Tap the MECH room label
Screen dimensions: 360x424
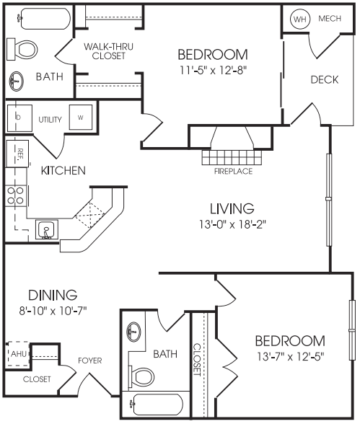330,19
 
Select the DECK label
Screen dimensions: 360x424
325,79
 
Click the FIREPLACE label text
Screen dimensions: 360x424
233,171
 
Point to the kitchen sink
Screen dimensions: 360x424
46,230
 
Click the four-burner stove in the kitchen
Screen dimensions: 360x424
15,196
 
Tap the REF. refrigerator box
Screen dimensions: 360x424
17,154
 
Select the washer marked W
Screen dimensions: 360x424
80,118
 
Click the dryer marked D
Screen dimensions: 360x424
19,118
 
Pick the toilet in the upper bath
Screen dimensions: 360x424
22,50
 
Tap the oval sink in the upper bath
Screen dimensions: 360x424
16,81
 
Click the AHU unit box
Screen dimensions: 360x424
18,354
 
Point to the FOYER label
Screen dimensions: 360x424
89,361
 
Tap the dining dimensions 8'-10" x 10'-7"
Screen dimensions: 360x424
53,310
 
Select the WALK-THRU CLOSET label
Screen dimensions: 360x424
108,51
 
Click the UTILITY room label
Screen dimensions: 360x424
50,119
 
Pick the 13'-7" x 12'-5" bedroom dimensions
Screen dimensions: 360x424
290,357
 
